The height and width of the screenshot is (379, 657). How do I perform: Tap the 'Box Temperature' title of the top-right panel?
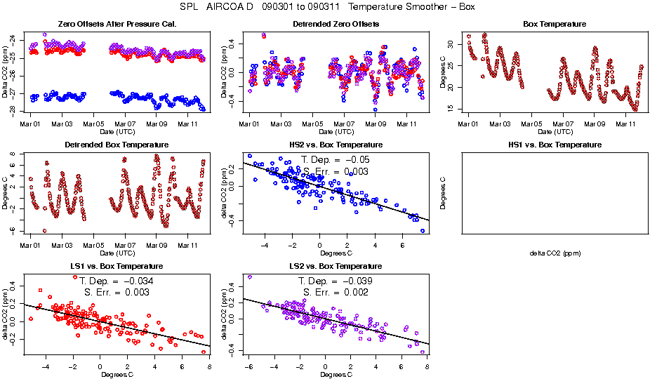point(554,24)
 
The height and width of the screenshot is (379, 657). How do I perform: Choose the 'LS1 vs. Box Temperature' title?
point(117,267)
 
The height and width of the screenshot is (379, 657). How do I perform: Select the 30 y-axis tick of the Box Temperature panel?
point(450,44)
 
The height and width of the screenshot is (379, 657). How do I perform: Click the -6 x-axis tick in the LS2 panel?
point(249,367)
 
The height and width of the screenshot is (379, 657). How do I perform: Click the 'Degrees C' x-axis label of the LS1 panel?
point(117,374)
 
